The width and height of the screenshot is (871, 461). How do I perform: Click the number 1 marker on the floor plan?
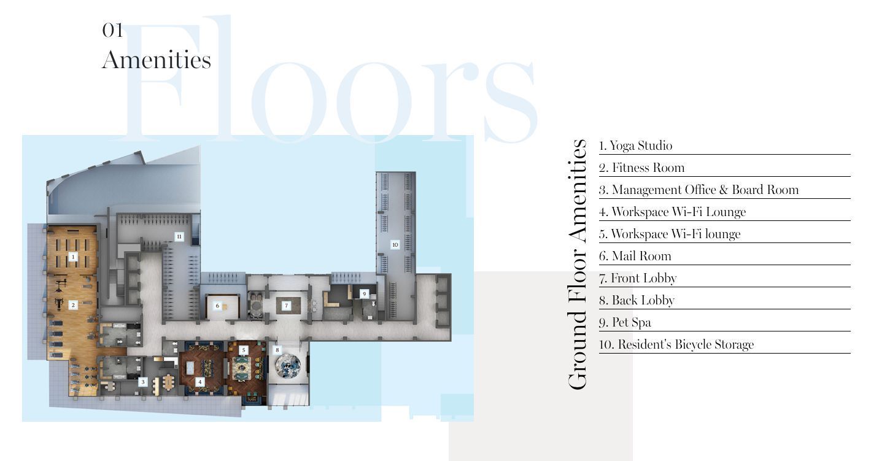[72, 257]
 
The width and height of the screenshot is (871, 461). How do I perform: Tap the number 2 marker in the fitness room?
[72, 305]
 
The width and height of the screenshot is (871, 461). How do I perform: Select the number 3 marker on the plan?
[142, 382]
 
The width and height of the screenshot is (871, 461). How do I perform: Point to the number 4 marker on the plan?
[200, 382]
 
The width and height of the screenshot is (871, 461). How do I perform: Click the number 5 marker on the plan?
[244, 350]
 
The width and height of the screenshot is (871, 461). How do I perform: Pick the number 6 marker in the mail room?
[217, 306]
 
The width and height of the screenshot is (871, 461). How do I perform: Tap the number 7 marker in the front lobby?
[286, 305]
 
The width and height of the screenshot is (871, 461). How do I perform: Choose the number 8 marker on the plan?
[277, 350]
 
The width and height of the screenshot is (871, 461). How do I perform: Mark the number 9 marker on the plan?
[364, 294]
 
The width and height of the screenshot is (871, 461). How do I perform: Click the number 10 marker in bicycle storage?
[395, 244]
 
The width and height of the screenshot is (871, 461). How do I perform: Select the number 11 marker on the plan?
[179, 236]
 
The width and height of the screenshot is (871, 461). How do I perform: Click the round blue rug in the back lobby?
[288, 366]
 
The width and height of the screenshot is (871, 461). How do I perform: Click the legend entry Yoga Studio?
[635, 145]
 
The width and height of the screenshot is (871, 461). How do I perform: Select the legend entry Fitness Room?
[641, 168]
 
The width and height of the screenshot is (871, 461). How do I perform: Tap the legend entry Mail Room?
[635, 256]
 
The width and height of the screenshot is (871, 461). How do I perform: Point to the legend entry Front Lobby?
[638, 278]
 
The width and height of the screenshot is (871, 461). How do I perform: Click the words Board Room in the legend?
[765, 190]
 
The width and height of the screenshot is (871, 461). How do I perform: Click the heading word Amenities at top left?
[157, 60]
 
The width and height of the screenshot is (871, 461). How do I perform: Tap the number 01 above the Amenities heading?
[112, 30]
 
